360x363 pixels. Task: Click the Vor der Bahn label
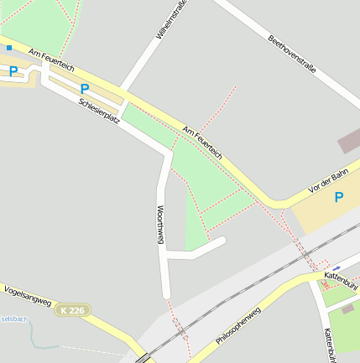point(327,182)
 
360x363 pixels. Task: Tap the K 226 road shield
point(72,310)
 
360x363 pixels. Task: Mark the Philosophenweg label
point(238,326)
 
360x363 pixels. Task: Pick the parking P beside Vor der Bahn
point(339,198)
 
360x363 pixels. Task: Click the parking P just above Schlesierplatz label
point(84,89)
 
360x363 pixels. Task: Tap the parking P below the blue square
point(13,72)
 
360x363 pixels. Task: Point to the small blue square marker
point(9,48)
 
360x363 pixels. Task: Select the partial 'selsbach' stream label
point(14,319)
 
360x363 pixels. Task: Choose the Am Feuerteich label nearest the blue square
point(51,59)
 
